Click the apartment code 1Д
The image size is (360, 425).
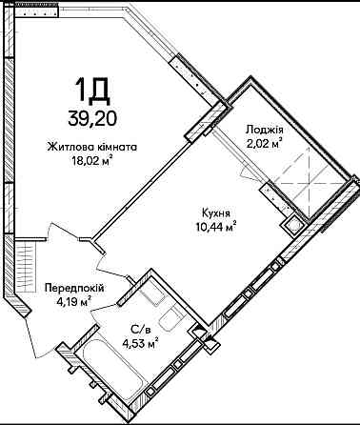point(92,91)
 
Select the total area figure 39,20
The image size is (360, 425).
point(92,118)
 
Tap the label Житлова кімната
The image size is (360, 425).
point(92,148)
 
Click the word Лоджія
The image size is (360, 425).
point(265,130)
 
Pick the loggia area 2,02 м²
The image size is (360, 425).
point(265,144)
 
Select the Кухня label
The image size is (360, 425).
point(216,213)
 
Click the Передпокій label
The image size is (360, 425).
point(74,289)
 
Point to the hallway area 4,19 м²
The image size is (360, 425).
point(74,301)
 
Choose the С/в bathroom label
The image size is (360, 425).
point(141,330)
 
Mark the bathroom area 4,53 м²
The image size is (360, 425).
point(141,344)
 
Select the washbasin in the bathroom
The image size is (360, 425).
point(151,293)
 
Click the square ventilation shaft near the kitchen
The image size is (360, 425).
point(292,225)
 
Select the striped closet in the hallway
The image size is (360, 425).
point(25,266)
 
